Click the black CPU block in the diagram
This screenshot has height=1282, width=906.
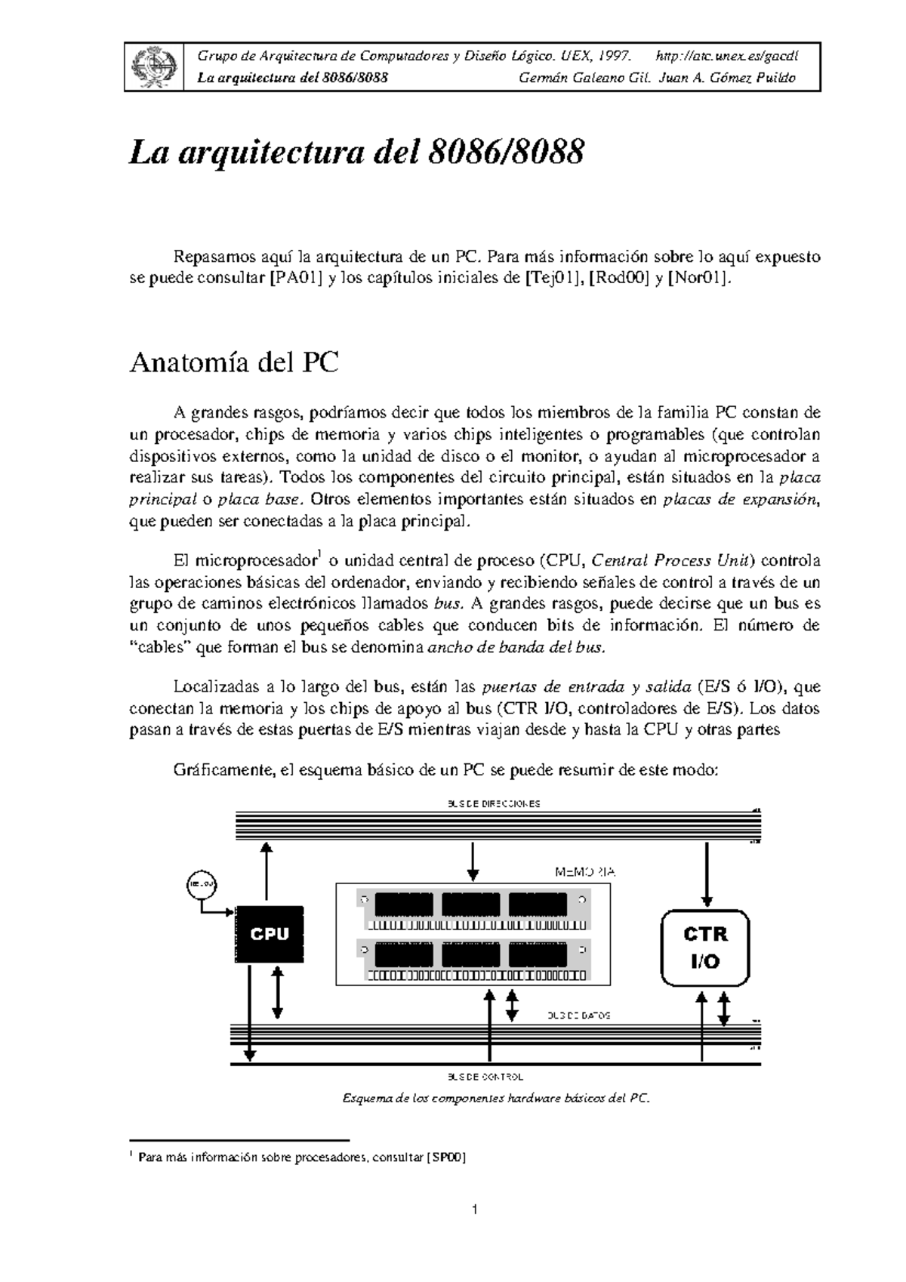tap(270, 934)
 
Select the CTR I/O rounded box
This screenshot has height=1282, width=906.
tap(706, 948)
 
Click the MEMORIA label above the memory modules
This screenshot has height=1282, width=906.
tap(585, 872)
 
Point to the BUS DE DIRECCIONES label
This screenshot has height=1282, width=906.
tap(495, 803)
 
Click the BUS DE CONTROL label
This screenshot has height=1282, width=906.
tap(485, 1077)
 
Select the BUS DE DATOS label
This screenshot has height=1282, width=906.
tap(578, 1015)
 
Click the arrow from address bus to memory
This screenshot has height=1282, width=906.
tap(473, 861)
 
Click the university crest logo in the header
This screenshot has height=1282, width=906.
tap(155, 66)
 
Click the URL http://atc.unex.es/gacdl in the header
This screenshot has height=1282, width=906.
tap(727, 57)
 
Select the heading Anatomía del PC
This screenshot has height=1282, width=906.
tap(234, 363)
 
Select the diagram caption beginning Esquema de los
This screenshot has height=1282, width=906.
tap(495, 1098)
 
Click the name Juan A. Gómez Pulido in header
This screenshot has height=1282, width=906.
tap(727, 79)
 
